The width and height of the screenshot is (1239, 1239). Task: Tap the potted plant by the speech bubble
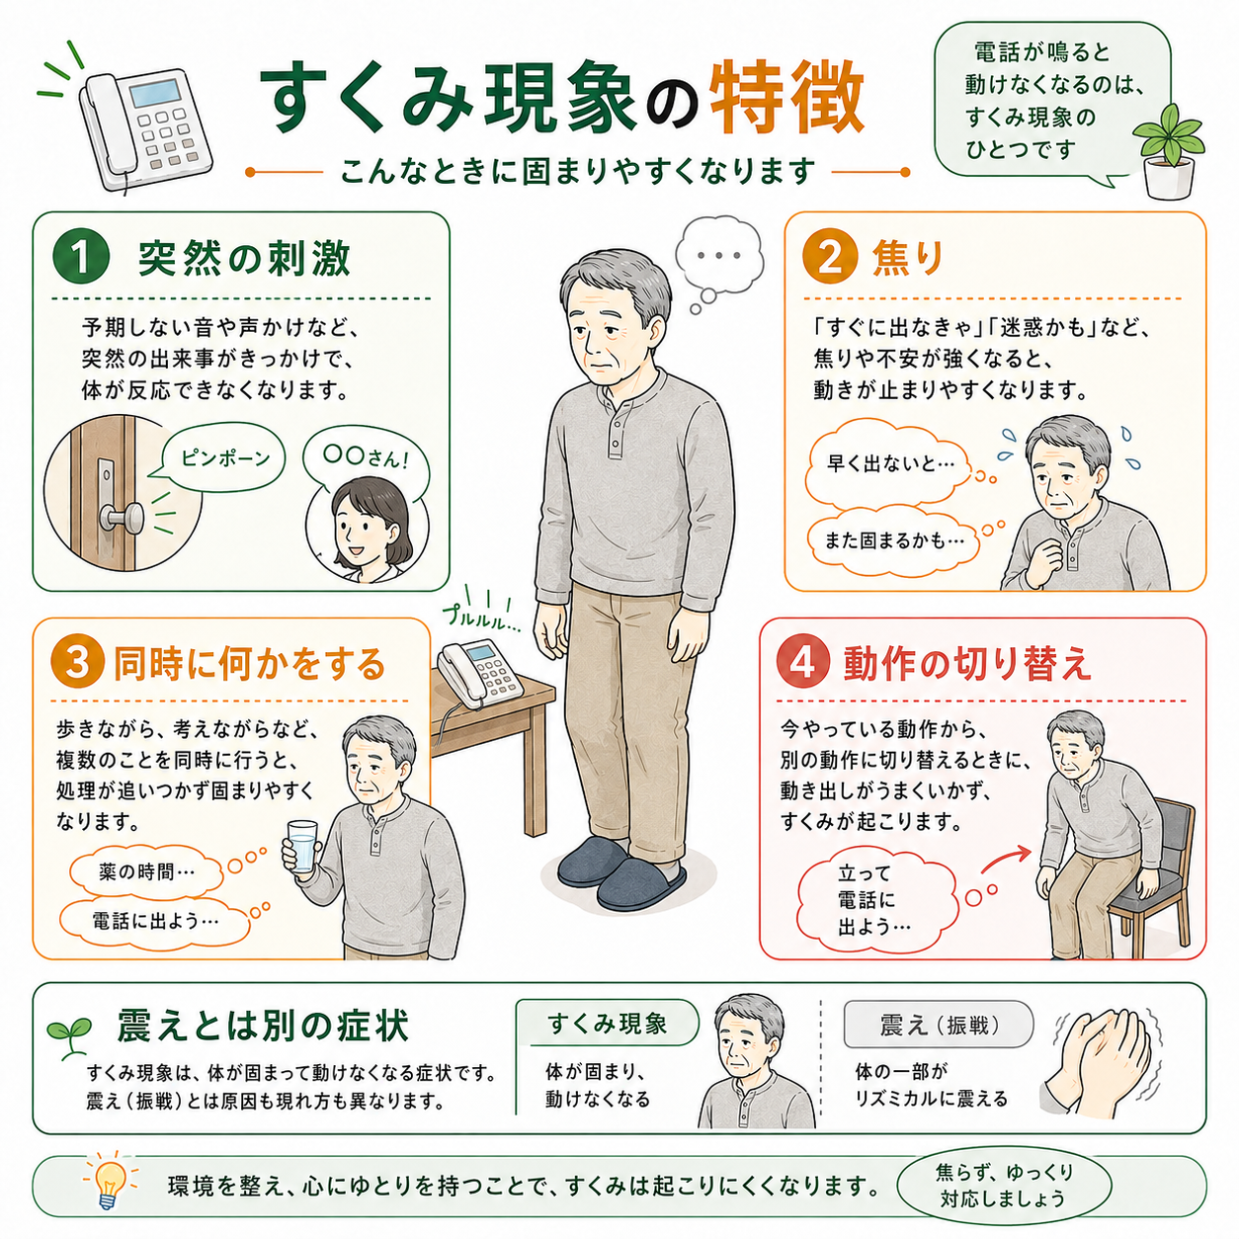pos(1168,151)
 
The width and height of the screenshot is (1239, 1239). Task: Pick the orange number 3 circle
pos(77,663)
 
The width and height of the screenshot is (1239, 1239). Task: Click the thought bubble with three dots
pos(718,257)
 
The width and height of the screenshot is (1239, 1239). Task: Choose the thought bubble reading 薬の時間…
pos(146,871)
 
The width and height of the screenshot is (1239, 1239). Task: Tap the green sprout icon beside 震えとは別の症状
pos(68,1035)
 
